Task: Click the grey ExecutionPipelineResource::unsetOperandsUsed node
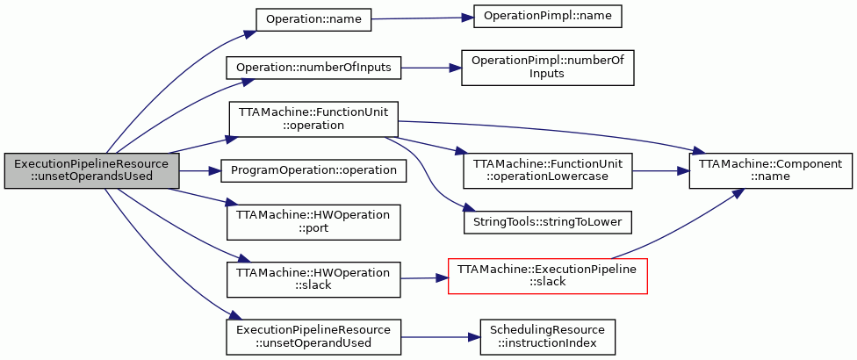coord(92,171)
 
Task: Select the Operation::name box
coord(313,19)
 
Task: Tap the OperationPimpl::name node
coord(547,17)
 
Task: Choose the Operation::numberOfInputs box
coord(313,68)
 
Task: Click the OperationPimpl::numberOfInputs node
coord(547,68)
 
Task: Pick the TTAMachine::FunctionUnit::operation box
coord(313,119)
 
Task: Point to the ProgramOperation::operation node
coord(313,171)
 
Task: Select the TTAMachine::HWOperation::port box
coord(313,222)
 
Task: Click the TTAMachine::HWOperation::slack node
coord(313,280)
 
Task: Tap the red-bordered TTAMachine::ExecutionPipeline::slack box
coord(548,276)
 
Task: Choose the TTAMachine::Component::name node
coord(771,171)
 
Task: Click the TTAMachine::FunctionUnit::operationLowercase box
coord(547,171)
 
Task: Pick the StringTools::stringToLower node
coord(547,223)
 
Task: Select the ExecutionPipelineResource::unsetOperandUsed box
coord(313,336)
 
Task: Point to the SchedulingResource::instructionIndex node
coord(547,336)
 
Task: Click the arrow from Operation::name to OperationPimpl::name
coord(422,18)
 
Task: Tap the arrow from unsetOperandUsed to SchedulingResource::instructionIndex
coord(440,337)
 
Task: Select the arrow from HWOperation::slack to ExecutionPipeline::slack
coord(424,278)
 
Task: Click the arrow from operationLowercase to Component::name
coord(660,171)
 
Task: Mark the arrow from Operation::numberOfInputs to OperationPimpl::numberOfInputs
coord(430,68)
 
